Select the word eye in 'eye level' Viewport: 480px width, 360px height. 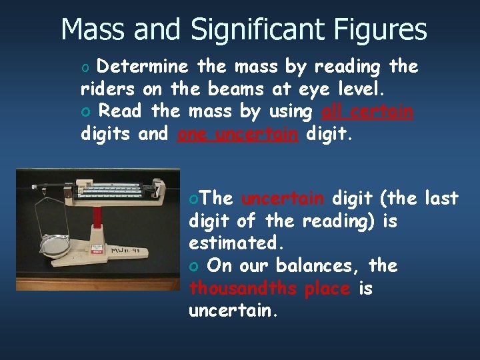click(315, 89)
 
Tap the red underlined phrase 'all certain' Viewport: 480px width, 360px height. click(367, 111)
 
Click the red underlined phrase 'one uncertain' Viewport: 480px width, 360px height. click(238, 134)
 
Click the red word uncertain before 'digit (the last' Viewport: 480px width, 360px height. click(283, 198)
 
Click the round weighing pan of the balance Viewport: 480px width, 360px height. click(55, 246)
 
